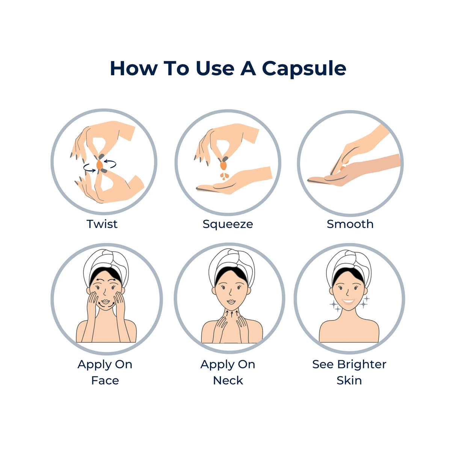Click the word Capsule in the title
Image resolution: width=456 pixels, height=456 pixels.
coord(304,69)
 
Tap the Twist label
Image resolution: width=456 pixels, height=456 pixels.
coord(102,224)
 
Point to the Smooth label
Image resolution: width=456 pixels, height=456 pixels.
coord(350,224)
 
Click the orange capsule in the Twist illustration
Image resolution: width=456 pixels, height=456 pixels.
coord(100,165)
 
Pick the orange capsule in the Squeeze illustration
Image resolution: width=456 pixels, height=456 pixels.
coord(223,165)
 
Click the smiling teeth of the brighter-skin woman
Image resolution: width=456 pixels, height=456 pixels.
coord(348,302)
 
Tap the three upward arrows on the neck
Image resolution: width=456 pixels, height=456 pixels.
coord(232,314)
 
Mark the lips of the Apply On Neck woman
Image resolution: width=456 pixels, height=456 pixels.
coord(231,302)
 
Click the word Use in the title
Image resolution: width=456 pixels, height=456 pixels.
coord(215,69)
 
